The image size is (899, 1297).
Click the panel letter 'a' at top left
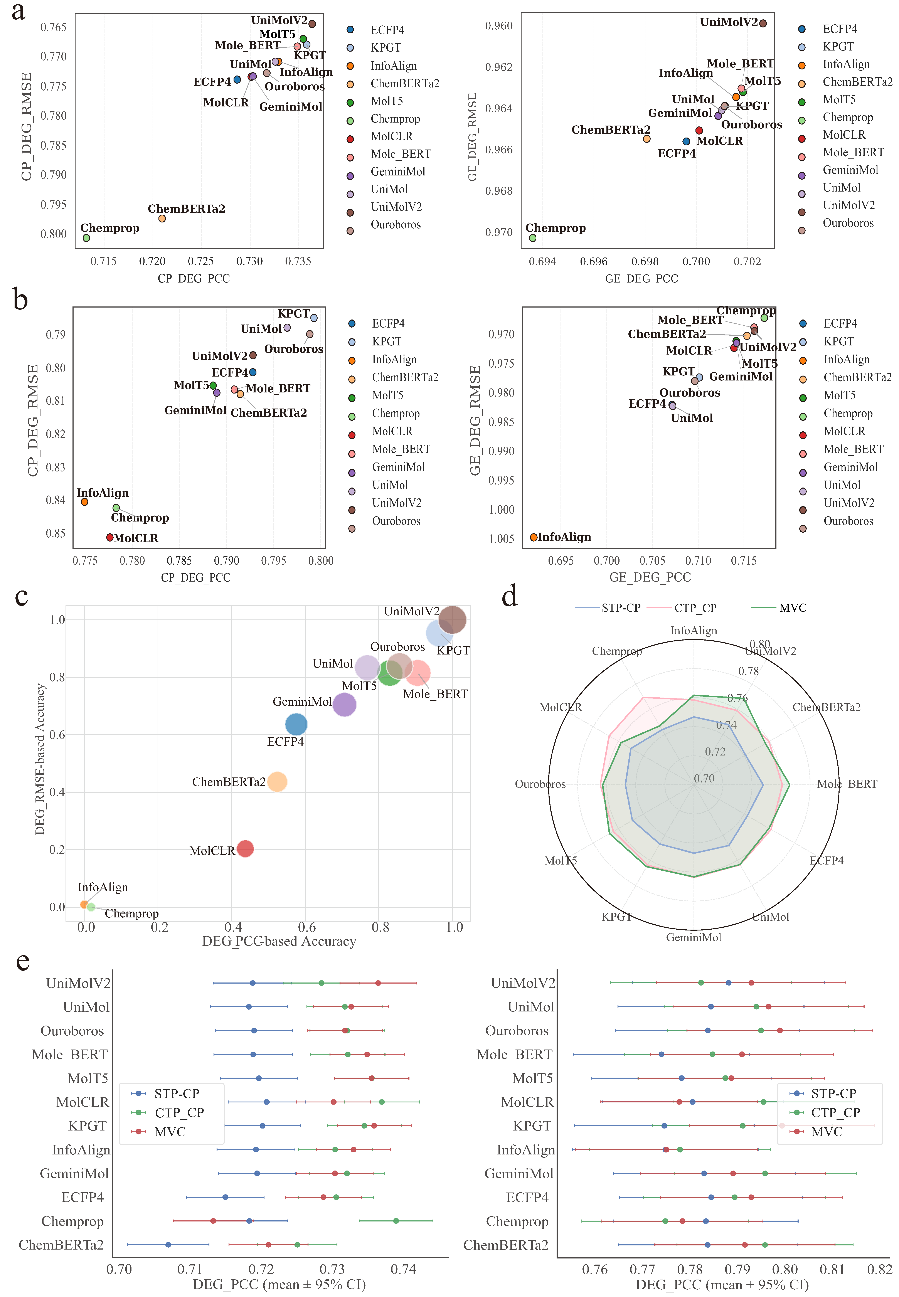coord(19,11)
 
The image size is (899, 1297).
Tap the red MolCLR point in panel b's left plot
coord(110,537)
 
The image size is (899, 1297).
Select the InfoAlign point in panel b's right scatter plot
coord(534,537)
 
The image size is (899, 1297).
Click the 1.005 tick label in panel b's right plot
coord(501,539)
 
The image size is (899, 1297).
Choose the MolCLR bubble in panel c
coord(245,848)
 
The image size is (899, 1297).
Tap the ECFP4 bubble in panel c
coord(296,724)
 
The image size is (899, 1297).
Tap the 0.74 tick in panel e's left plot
coord(403,1269)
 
